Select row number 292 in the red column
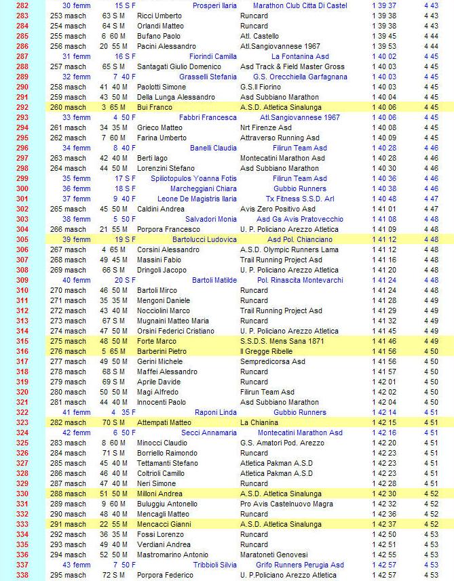click(x=22, y=107)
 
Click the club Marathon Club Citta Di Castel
click(x=299, y=5)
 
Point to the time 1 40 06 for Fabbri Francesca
click(x=384, y=117)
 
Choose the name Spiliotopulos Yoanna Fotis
click(x=194, y=178)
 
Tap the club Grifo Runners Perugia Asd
click(x=299, y=565)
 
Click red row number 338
click(x=22, y=575)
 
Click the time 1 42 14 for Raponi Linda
click(x=384, y=412)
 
